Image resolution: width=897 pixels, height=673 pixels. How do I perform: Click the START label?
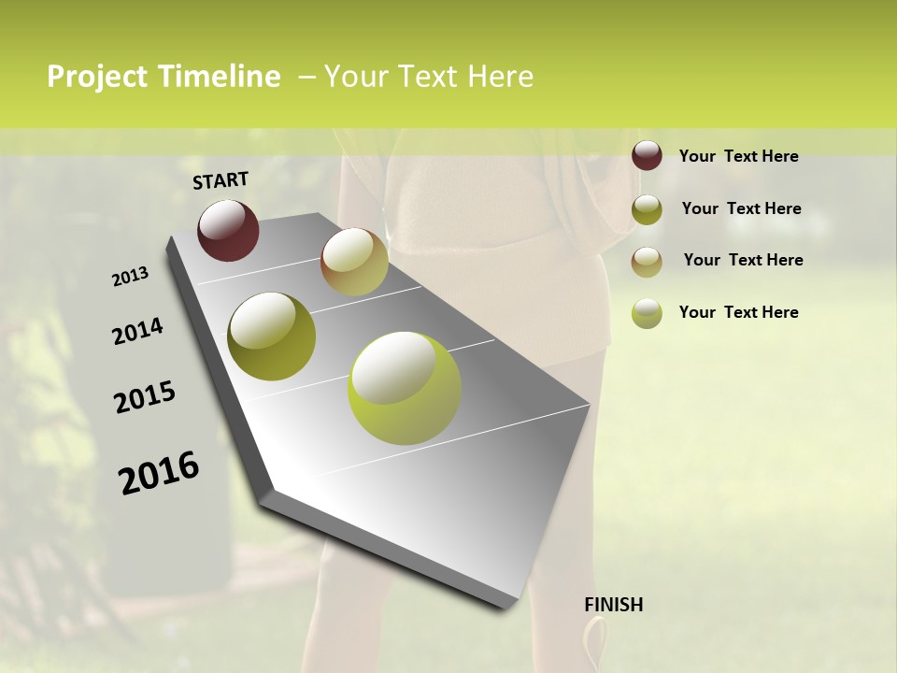click(221, 180)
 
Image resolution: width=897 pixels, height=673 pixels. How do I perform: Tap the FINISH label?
click(614, 605)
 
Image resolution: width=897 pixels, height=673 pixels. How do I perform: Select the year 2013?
click(130, 277)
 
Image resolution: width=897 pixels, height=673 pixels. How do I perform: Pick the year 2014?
click(137, 332)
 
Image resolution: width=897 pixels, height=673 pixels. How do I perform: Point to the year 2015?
click(145, 397)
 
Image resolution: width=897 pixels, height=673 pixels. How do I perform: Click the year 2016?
click(159, 473)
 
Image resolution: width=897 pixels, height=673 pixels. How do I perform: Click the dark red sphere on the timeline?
click(228, 230)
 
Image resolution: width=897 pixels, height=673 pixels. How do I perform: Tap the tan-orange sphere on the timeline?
click(354, 262)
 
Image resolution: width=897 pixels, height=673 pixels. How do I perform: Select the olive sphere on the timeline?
click(272, 336)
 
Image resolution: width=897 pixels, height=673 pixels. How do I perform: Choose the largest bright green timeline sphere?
click(405, 388)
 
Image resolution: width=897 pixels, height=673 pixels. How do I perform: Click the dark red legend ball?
click(647, 156)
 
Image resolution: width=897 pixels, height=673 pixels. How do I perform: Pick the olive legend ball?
click(647, 209)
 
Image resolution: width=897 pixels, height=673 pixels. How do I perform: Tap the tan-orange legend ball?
click(647, 261)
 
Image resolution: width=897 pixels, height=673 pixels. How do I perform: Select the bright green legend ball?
click(647, 313)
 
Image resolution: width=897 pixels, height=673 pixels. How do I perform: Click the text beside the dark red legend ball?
click(738, 156)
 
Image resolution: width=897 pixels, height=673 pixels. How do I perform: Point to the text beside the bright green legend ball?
click(738, 312)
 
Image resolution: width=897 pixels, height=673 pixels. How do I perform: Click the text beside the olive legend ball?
click(741, 208)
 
